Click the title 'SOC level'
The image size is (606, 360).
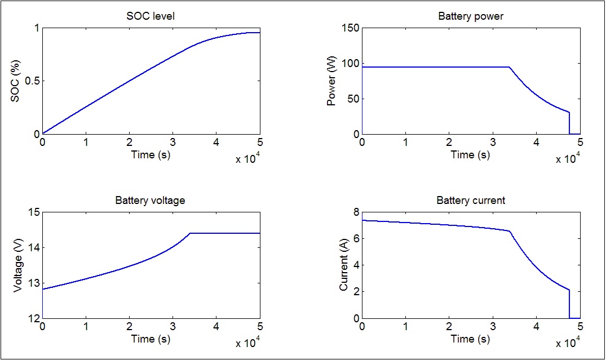pos(151,16)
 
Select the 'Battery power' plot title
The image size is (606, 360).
pos(471,16)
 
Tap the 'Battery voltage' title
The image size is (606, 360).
pos(151,201)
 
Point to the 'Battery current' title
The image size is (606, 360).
pos(471,201)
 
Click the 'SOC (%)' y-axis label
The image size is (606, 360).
pos(16,81)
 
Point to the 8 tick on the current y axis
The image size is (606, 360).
pos(356,212)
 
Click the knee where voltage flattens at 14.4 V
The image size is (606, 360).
pos(190,233)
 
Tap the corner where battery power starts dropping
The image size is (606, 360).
pos(510,67)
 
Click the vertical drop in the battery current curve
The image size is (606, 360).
pos(569,304)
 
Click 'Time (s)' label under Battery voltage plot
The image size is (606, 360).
pos(151,339)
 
